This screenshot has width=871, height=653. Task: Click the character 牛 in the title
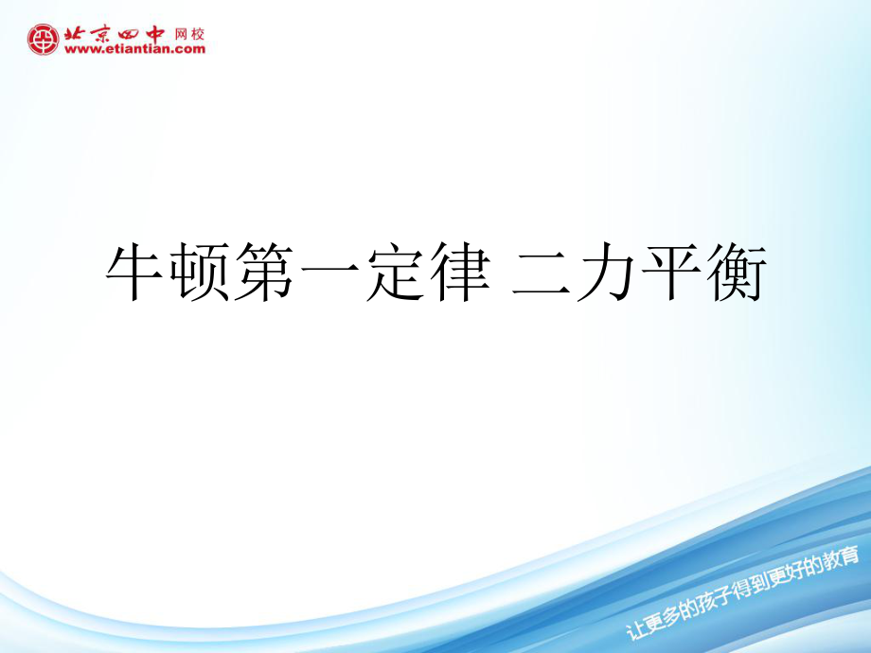click(133, 272)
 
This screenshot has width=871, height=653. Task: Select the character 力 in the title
click(606, 272)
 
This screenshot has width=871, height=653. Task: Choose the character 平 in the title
click(671, 272)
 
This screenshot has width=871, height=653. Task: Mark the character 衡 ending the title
click(737, 272)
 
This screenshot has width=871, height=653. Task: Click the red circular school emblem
click(43, 40)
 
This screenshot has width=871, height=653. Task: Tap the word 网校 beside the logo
click(189, 34)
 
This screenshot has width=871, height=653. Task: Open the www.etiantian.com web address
click(134, 49)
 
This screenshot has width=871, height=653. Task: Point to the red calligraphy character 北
click(76, 34)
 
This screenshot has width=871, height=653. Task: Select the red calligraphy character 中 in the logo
click(153, 34)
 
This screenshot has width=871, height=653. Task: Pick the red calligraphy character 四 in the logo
click(127, 35)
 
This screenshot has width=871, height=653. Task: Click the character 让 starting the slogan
click(635, 629)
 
